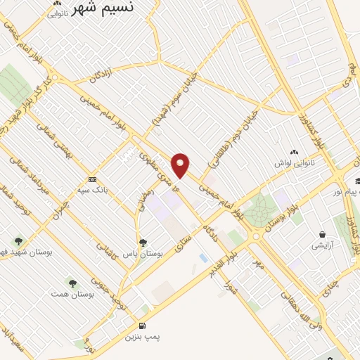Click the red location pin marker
(181, 165)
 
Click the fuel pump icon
(143, 326)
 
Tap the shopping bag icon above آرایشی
(322, 234)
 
